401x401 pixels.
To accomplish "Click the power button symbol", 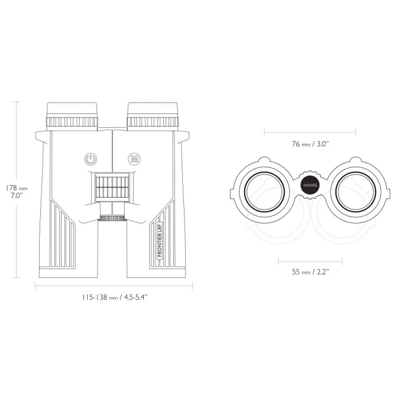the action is tap(90, 159).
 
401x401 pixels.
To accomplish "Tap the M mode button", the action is tap(134, 159).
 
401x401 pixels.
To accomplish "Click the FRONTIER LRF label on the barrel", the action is tap(160, 240).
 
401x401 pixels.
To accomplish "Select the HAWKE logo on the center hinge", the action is tap(310, 185).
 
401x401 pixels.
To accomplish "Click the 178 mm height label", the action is tap(17, 188).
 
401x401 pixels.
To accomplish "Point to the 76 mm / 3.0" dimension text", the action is tap(310, 144).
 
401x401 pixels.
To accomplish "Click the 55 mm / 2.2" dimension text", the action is tap(310, 271).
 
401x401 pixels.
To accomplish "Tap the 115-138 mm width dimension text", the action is tap(115, 297).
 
